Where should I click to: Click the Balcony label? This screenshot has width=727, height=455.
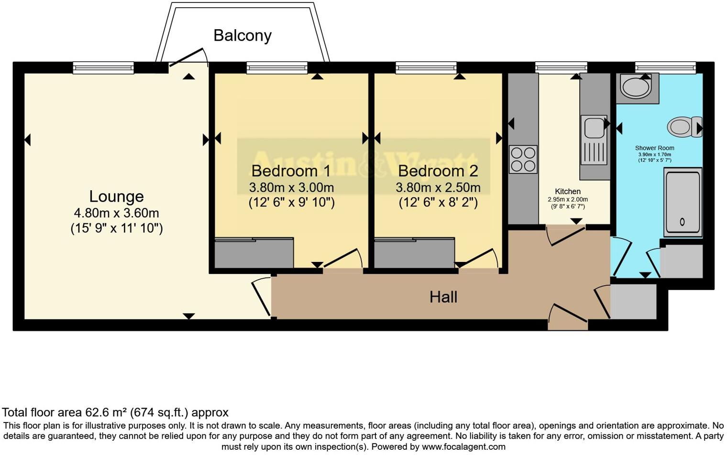point(242,35)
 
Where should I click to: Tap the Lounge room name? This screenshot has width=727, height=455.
point(116,196)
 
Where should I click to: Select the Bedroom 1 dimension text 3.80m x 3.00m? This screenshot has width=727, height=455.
point(291,187)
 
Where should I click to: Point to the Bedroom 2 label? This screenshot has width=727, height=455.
point(438,171)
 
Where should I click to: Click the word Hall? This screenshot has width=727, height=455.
point(443,297)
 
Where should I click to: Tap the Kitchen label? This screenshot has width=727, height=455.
point(567,191)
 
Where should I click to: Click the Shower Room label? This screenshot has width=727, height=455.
point(654,148)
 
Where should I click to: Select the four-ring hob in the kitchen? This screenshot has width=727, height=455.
point(523,159)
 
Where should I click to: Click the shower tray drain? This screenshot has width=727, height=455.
point(682,222)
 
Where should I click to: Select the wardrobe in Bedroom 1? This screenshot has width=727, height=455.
point(253,253)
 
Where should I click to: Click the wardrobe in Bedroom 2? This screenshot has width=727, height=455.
point(414,253)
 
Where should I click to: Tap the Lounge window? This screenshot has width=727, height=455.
point(103,68)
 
